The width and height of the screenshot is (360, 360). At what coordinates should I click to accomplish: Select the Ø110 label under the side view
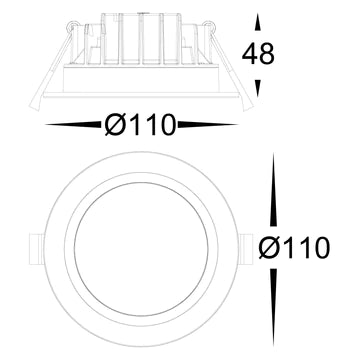tap(140, 125)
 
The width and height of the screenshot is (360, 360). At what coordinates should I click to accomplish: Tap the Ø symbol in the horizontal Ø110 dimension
tap(115, 125)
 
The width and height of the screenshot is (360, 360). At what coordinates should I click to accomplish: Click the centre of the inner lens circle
tap(137, 245)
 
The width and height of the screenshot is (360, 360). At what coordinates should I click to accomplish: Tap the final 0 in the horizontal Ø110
tap(165, 125)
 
